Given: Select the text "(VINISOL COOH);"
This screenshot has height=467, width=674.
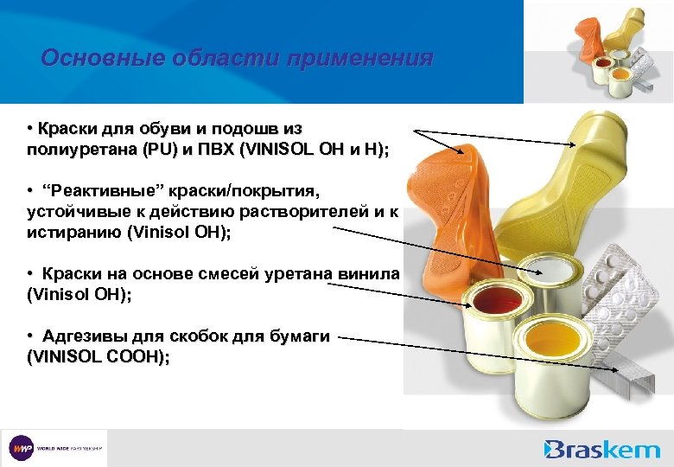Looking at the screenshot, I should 99,355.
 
